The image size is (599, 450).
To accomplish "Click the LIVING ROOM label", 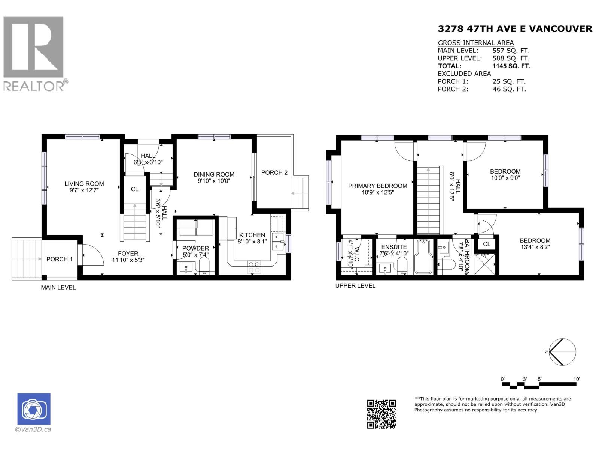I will [x=84, y=184].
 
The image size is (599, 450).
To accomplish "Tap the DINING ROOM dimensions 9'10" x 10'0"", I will [x=214, y=181].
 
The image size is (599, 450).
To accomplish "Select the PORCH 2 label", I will [x=274, y=172].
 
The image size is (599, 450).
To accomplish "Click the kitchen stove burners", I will [x=254, y=267].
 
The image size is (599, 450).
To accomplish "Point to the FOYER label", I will [x=128, y=253].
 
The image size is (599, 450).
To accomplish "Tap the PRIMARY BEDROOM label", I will [x=377, y=186].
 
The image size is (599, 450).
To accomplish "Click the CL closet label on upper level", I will [x=486, y=244].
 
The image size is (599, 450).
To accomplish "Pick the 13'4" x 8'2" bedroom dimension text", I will [x=535, y=247].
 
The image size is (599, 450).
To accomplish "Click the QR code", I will [x=381, y=414].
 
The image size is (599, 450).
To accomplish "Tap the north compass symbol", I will [x=562, y=352].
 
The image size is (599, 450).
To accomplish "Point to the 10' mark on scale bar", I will [x=577, y=379].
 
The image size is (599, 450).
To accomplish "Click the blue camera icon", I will [x=34, y=409].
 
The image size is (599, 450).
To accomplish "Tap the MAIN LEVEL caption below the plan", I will [x=58, y=287].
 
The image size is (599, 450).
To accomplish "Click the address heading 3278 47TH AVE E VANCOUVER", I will [x=515, y=28].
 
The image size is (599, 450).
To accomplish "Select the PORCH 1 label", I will [x=59, y=259].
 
